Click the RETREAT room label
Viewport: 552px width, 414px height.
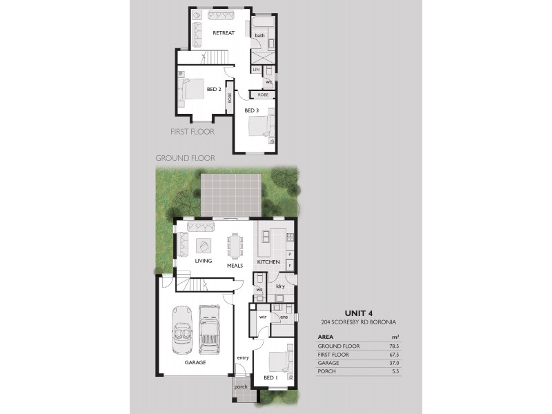click(x=224, y=33)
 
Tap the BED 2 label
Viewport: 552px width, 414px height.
click(x=213, y=89)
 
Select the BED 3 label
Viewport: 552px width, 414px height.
click(x=251, y=109)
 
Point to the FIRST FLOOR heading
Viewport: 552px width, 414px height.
click(x=193, y=131)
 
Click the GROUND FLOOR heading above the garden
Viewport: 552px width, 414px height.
click(x=185, y=158)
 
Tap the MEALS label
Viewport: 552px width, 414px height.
click(x=235, y=263)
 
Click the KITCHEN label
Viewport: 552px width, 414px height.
click(x=268, y=263)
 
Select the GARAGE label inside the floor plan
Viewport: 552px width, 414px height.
click(x=195, y=362)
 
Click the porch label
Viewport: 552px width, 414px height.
click(x=241, y=387)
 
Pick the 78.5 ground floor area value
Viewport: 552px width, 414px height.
click(x=394, y=346)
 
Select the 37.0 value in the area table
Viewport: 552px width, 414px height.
click(x=394, y=363)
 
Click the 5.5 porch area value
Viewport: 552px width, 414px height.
click(x=395, y=372)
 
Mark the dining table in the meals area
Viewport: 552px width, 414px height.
click(x=235, y=243)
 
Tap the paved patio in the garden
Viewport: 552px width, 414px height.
click(x=231, y=194)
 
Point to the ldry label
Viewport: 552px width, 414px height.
click(x=280, y=286)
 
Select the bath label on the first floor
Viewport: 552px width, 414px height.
click(x=260, y=35)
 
